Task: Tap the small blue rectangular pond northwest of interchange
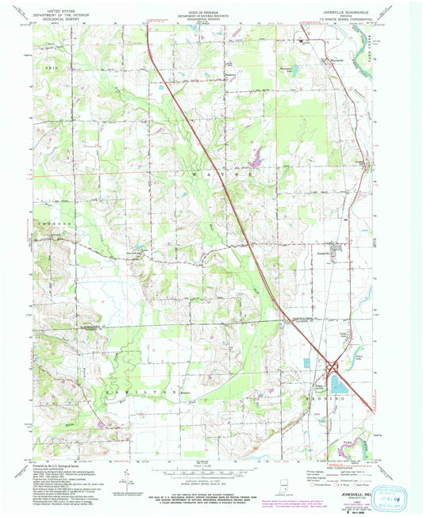click(x=306, y=362)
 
